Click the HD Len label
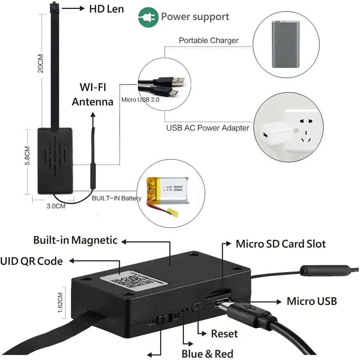[106, 9]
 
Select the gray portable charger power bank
[285, 44]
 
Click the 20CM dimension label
[40, 63]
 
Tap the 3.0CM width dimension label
[56, 206]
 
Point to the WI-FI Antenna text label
[93, 94]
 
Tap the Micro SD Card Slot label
[280, 244]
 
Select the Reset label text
[224, 334]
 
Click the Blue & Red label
[207, 354]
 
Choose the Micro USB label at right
[312, 301]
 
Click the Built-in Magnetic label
[75, 240]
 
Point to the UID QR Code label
[31, 261]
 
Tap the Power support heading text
[195, 17]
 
